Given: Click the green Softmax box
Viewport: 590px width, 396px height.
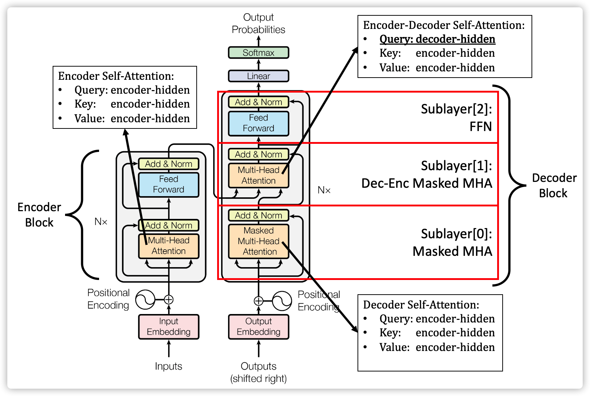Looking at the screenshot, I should [258, 53].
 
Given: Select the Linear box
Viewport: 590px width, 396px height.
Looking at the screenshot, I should [258, 76].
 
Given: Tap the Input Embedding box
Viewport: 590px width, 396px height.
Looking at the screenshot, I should [169, 326].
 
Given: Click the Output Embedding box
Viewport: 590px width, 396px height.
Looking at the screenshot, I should [258, 326].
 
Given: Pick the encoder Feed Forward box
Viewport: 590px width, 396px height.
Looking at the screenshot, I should [169, 184].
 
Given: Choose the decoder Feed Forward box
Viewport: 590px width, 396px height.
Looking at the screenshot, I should [258, 123].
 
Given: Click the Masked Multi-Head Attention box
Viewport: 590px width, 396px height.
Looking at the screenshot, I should [258, 241].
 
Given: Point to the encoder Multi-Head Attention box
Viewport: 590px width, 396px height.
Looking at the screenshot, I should [169, 246].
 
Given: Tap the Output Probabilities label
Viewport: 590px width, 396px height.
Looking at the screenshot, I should [258, 23].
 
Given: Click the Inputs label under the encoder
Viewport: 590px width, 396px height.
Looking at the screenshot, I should [169, 366].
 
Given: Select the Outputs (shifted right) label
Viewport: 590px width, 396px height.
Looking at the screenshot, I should [258, 372].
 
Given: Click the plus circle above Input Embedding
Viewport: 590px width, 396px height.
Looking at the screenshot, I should [169, 300].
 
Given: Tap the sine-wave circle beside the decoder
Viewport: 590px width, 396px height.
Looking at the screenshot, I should [282, 301].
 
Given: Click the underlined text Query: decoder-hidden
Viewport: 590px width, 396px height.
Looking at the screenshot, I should [437, 39].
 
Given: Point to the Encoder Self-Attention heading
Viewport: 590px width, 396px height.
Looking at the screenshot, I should [116, 76].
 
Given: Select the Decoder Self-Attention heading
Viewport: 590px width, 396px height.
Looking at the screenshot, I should [421, 305].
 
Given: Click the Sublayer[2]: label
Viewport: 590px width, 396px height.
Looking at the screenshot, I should [456, 109].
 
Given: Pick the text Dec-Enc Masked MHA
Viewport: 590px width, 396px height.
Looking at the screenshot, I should [427, 183].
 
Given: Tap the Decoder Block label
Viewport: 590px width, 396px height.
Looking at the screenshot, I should [554, 186].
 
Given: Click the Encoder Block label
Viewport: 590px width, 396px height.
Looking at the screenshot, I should [39, 215].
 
